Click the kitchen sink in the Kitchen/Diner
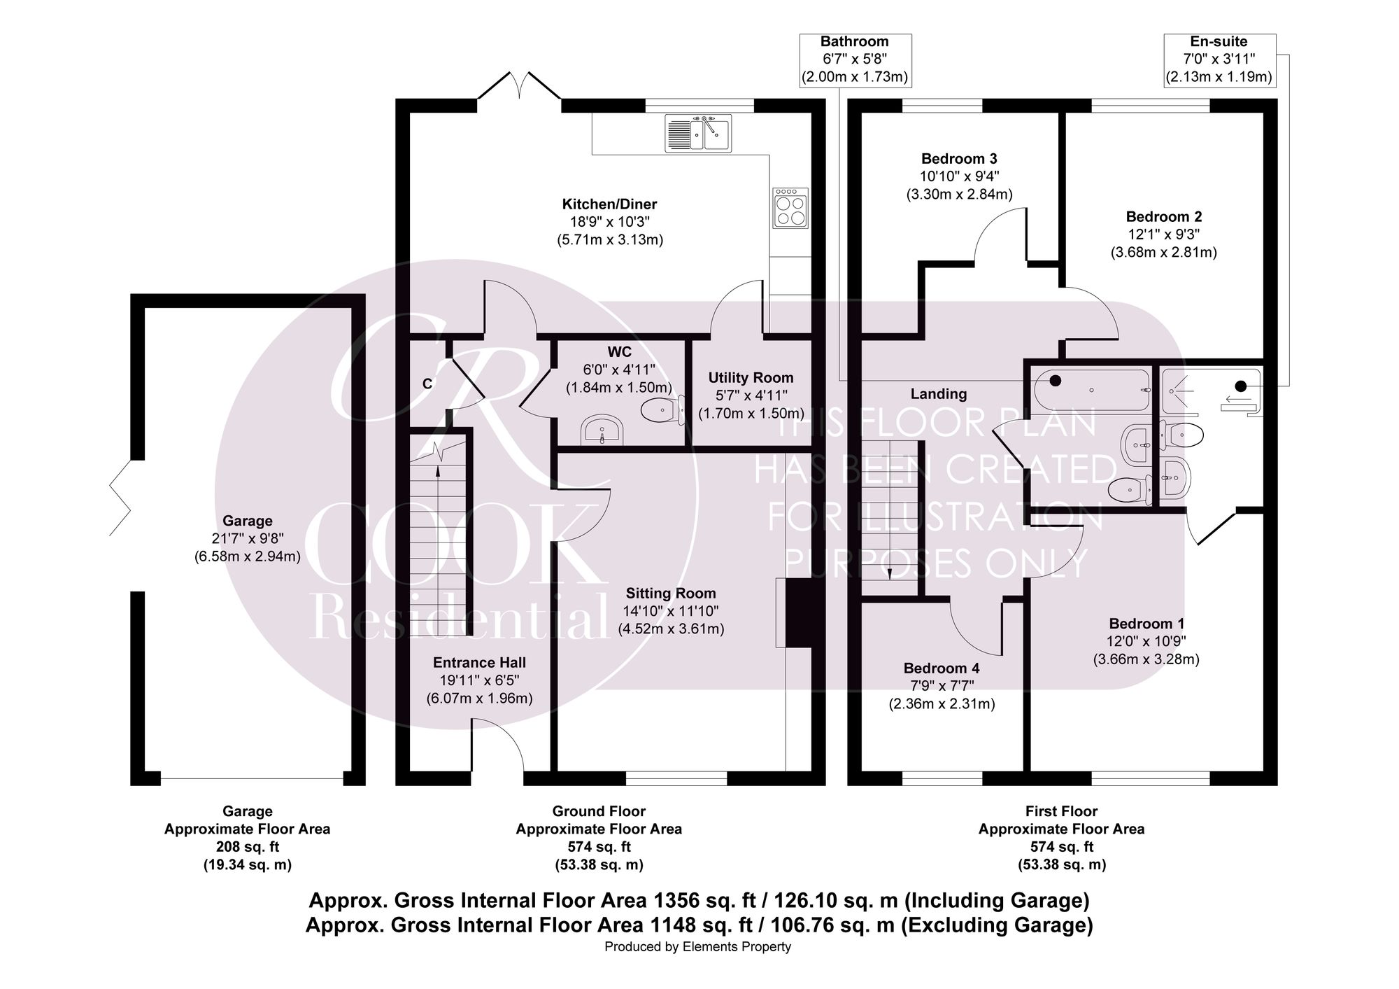tap(698, 132)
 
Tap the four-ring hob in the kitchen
tap(790, 208)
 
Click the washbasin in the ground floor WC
tap(602, 429)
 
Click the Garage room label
tap(247, 521)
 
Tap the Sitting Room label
tap(671, 594)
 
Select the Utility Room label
tap(751, 378)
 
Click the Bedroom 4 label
tap(942, 668)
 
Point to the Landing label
tap(938, 394)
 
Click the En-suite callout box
tap(1219, 60)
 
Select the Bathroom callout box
tap(855, 60)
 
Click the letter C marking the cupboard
tap(427, 384)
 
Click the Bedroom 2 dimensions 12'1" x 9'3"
tap(1164, 234)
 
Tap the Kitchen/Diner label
tap(610, 204)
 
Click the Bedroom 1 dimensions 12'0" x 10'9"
tap(1146, 641)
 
